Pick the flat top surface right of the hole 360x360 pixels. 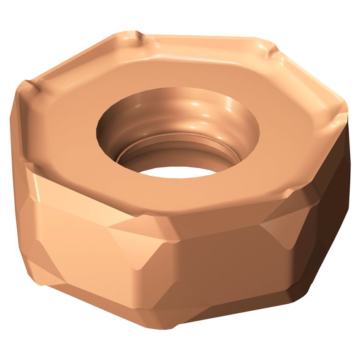(291, 139)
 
